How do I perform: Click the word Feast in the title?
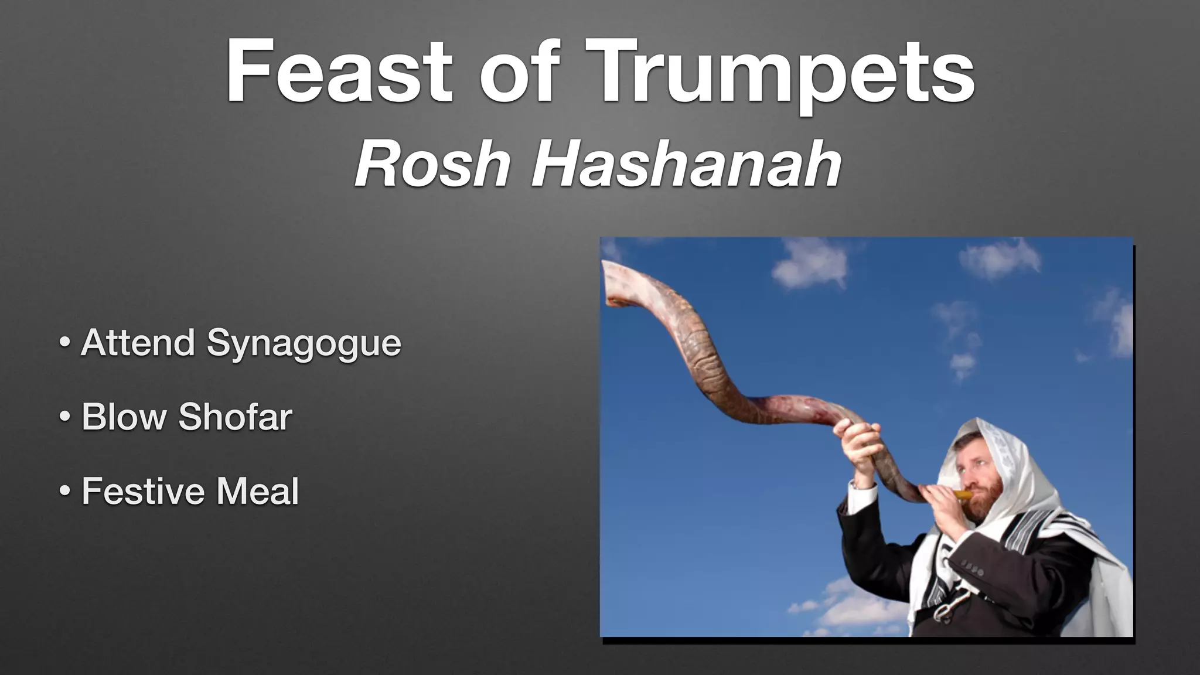click(x=339, y=71)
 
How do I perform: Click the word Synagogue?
click(x=304, y=343)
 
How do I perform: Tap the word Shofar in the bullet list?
click(x=235, y=417)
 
